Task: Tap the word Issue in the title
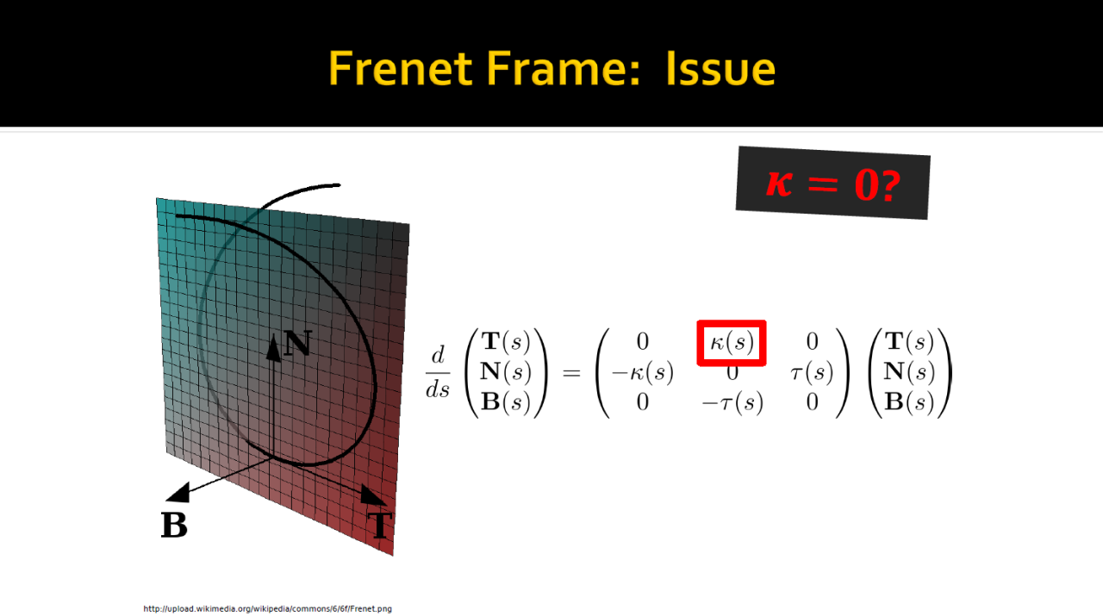pos(720,68)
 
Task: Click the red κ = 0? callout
pos(832,184)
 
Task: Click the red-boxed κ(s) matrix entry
pos(732,343)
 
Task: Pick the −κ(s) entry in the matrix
pos(642,373)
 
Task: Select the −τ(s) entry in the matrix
pos(732,403)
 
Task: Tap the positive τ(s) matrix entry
pos(812,373)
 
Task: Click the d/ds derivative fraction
pos(438,372)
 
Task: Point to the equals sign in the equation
pos(571,373)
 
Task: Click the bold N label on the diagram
pos(298,343)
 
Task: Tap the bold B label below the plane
pos(174,525)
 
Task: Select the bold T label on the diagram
pos(380,525)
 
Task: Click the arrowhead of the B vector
pos(178,493)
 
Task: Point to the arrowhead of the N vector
pos(273,348)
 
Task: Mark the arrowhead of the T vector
pos(373,495)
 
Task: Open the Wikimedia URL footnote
pos(267,608)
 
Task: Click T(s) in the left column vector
pos(506,342)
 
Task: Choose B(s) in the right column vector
pos(909,403)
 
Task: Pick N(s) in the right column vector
pos(909,372)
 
